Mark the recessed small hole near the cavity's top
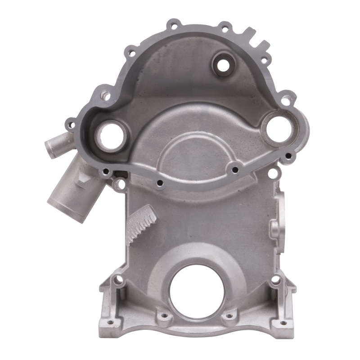pos(222,65)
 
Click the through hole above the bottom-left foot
pos(118,280)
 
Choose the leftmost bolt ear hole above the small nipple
pos(71,122)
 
